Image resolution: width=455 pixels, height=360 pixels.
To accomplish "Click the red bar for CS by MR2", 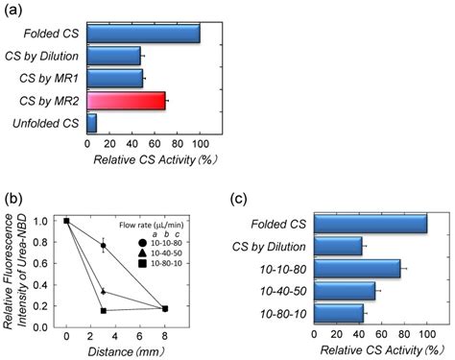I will pos(126,100).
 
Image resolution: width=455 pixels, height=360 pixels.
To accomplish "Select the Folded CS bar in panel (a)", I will pos(143,34).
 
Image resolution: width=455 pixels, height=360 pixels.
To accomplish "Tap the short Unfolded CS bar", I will pos(91,122).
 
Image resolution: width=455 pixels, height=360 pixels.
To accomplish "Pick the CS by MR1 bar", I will pos(114,78).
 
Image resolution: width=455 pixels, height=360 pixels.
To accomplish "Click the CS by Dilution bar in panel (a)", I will pos(113,56).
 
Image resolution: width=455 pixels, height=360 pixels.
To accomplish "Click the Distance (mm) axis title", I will pos(115,350).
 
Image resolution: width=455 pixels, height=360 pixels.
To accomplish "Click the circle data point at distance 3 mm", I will pos(103,246).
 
